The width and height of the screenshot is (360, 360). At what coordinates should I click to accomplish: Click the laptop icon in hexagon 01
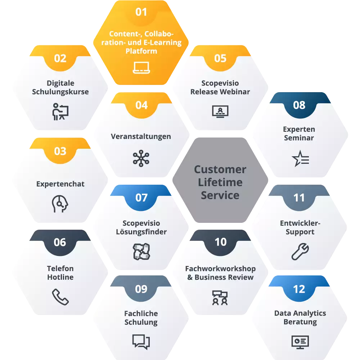141,67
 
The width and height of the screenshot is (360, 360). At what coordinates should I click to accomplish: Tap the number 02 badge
60,58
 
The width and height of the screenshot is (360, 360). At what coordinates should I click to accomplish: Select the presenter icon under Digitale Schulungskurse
60,112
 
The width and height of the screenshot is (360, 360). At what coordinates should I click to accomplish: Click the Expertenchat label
60,184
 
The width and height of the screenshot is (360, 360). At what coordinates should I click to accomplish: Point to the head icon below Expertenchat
59,204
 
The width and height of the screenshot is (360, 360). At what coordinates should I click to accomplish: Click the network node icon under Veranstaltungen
141,158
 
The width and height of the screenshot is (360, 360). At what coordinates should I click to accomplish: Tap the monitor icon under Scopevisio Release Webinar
220,111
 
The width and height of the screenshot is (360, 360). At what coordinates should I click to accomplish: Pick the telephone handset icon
60,297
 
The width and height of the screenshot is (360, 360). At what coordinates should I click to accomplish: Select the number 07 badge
141,197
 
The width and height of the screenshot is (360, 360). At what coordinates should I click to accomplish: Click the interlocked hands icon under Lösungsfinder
141,252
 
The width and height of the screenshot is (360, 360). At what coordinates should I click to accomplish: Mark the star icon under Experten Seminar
300,158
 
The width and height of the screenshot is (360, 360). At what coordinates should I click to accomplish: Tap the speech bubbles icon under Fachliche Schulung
141,341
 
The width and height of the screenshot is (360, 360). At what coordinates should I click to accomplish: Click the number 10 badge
220,242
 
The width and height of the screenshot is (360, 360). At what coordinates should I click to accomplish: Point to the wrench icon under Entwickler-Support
300,252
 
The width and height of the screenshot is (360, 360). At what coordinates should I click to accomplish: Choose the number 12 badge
299,289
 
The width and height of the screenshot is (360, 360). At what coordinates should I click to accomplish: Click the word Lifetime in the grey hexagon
220,183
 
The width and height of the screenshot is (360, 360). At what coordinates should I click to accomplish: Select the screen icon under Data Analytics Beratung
300,341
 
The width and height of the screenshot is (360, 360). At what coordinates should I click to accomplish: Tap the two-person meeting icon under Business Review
220,297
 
